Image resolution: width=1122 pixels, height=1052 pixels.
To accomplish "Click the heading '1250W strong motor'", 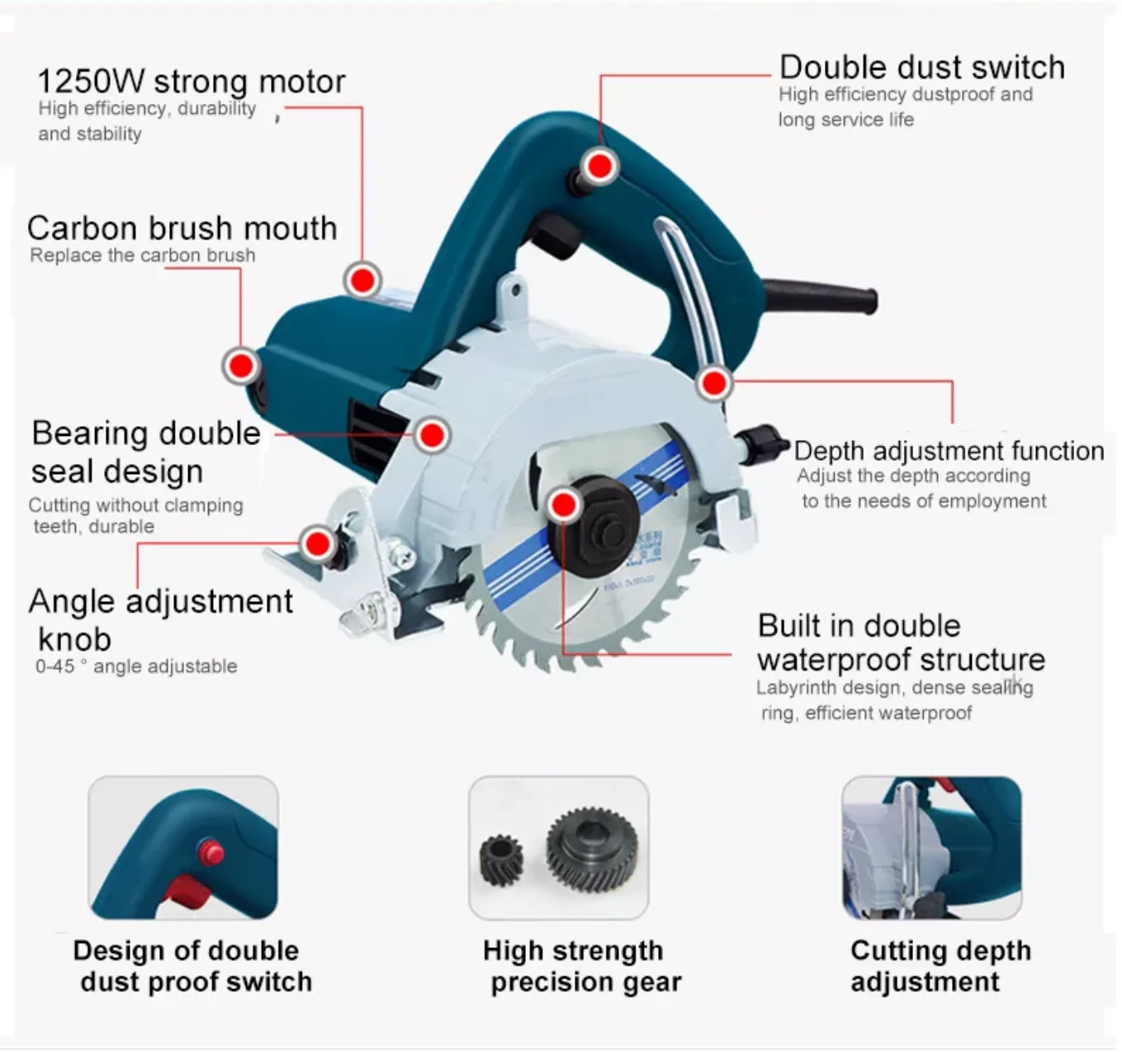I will tap(191, 82).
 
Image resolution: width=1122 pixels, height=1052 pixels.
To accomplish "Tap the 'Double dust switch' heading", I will tap(921, 68).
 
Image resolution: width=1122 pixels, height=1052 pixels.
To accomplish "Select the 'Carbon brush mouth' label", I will tap(182, 229).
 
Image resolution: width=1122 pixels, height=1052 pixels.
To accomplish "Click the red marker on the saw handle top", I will tap(599, 166).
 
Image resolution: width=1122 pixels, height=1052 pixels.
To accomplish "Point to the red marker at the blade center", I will tap(564, 505).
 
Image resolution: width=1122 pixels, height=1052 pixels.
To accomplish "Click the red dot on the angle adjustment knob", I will tap(317, 543).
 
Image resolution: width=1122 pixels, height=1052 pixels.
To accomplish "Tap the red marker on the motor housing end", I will tap(241, 365).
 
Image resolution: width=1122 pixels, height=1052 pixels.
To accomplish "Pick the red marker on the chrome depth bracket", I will tap(714, 382).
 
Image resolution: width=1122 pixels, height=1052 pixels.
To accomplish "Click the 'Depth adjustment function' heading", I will tap(949, 451).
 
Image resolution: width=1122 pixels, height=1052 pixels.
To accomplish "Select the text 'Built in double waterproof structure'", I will tap(900, 642).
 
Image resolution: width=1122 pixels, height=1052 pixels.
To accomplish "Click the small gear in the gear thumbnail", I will tap(502, 860).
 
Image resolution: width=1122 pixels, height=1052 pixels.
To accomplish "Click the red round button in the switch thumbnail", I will tap(213, 851).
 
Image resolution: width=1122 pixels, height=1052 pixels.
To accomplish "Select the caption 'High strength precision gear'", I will tap(581, 966).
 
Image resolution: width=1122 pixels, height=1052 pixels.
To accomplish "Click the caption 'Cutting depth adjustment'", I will tap(940, 966).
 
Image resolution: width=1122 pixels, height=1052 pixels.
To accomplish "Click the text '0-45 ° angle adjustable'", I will tap(136, 666).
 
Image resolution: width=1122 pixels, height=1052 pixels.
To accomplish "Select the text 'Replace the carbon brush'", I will tap(142, 256).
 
